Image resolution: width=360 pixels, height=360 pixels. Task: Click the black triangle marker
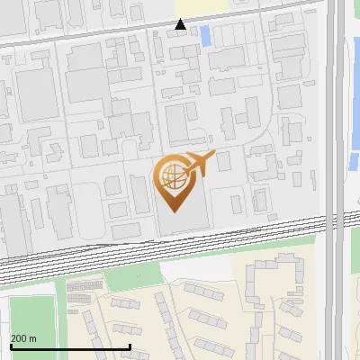coord(181,24)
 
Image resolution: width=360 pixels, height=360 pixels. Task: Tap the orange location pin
coord(176,181)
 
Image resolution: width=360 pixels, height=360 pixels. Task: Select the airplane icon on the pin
coord(199,164)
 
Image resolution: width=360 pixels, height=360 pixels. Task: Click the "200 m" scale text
coord(23,338)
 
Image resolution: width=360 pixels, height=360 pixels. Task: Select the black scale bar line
coord(70,346)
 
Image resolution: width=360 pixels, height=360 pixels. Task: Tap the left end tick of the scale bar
coord(11,345)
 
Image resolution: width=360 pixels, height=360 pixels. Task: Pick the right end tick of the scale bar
coord(130,345)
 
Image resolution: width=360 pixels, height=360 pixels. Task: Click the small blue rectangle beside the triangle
coord(204,37)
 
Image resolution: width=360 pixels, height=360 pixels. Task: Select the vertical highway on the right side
coord(336,180)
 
